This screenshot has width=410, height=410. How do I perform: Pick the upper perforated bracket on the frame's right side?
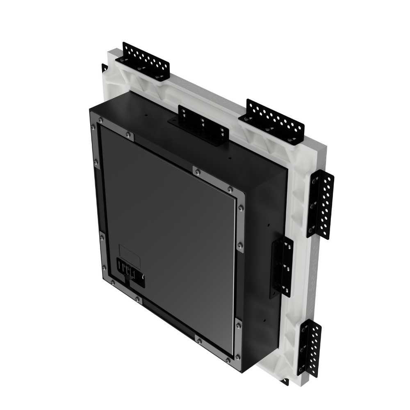[322, 205]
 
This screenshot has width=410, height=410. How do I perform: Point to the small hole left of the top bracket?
[146, 116]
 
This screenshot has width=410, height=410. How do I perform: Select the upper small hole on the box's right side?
[268, 225]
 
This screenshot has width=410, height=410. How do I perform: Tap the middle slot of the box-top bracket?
[202, 122]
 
